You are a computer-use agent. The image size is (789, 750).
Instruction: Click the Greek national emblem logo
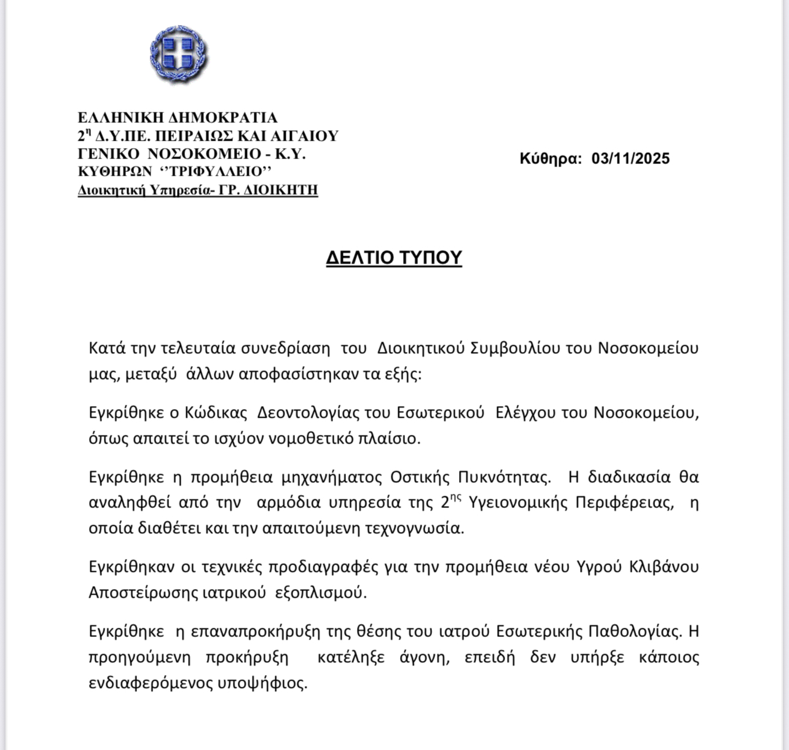pos(179,55)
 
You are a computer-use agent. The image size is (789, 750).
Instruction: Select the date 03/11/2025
pos(630,158)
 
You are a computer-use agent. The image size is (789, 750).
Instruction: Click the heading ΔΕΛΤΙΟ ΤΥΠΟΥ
pos(394,257)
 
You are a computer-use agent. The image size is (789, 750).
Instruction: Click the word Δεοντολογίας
pos(308,412)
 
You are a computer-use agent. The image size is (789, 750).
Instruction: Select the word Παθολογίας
pos(634,631)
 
